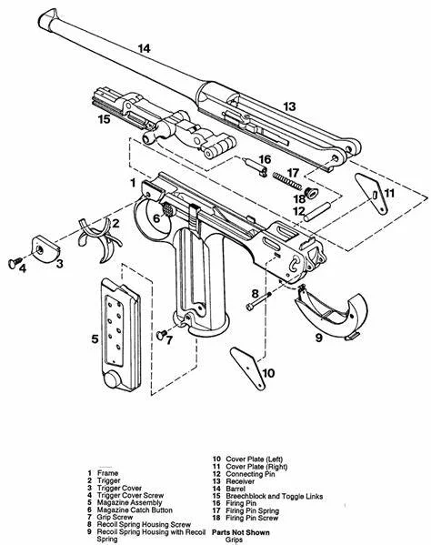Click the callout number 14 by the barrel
click(x=143, y=48)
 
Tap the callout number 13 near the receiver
click(x=288, y=106)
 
